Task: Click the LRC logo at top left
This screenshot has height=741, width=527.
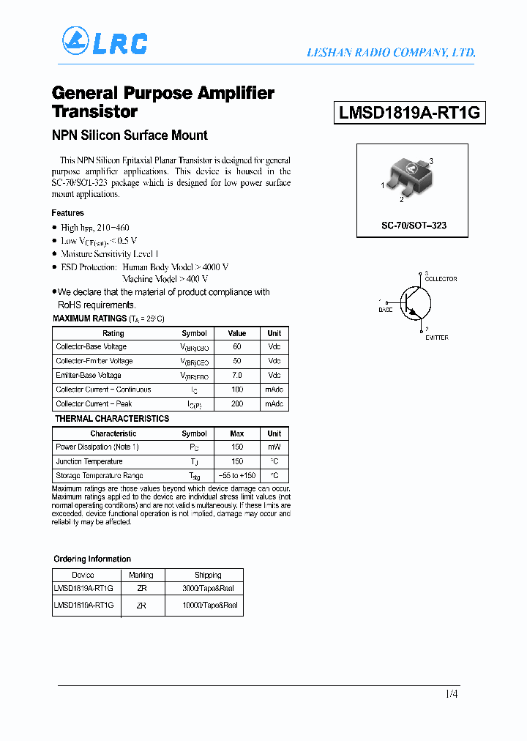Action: point(105,42)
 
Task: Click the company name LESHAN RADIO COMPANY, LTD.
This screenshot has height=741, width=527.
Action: point(390,53)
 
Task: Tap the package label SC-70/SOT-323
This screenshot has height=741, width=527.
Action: point(414,226)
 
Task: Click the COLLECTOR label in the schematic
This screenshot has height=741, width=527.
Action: point(441,279)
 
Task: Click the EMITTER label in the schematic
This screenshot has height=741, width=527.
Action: point(437,338)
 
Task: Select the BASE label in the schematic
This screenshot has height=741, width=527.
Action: point(385,310)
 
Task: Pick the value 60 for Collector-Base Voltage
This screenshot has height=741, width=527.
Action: point(236,347)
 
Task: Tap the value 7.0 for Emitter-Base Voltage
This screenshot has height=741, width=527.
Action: point(236,376)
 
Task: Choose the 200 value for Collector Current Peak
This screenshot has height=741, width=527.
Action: point(236,404)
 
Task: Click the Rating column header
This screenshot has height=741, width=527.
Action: point(113,333)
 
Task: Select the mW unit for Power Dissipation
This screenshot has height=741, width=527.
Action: point(274,447)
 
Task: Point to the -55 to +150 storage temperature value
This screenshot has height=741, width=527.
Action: point(236,476)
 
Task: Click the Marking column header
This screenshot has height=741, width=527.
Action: point(141,575)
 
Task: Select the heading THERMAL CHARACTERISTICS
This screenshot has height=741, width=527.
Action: point(112,419)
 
